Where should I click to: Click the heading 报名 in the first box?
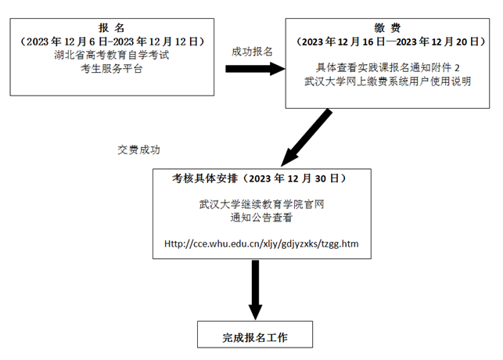(x=111, y=28)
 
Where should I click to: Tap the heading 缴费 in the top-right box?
(x=387, y=28)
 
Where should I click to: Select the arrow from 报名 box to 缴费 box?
(x=255, y=69)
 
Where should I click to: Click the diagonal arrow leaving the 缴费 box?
(x=307, y=138)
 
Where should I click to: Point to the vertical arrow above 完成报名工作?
(x=255, y=290)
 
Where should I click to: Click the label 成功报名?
(x=252, y=52)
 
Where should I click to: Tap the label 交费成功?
(x=138, y=149)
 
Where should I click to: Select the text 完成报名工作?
(x=255, y=337)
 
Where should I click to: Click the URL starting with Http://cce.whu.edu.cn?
(x=261, y=244)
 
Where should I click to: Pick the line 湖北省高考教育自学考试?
(x=112, y=56)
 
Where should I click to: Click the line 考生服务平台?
(x=112, y=69)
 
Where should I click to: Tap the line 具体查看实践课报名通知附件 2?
(x=387, y=68)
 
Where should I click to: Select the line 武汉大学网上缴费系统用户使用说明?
(x=387, y=81)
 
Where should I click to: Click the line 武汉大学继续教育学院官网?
(x=262, y=204)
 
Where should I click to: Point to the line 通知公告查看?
(x=261, y=218)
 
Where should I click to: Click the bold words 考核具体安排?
(x=205, y=178)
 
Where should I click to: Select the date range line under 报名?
(x=112, y=41)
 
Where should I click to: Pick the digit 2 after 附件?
(x=457, y=68)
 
